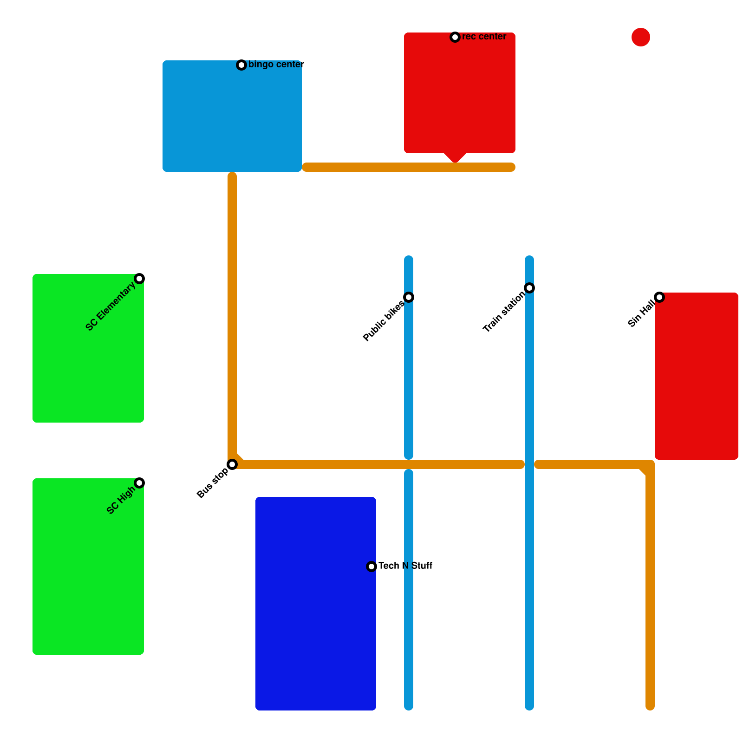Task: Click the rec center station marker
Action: pos(455,37)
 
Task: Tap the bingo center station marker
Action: pos(241,65)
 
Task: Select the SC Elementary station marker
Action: pos(139,279)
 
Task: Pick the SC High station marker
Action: pos(139,483)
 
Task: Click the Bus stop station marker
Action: pos(232,464)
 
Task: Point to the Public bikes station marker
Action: pos(409,297)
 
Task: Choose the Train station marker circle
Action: pos(529,288)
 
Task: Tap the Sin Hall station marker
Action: pos(659,297)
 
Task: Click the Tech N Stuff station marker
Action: pos(371,567)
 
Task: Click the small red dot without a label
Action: pos(641,37)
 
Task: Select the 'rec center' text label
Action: pos(484,37)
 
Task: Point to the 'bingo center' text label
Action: pos(276,65)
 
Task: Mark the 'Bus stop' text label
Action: pos(212,483)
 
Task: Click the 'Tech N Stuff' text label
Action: pos(405,566)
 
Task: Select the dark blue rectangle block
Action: pos(316,604)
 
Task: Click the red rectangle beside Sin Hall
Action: pos(697,376)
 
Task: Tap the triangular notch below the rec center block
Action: pos(455,157)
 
